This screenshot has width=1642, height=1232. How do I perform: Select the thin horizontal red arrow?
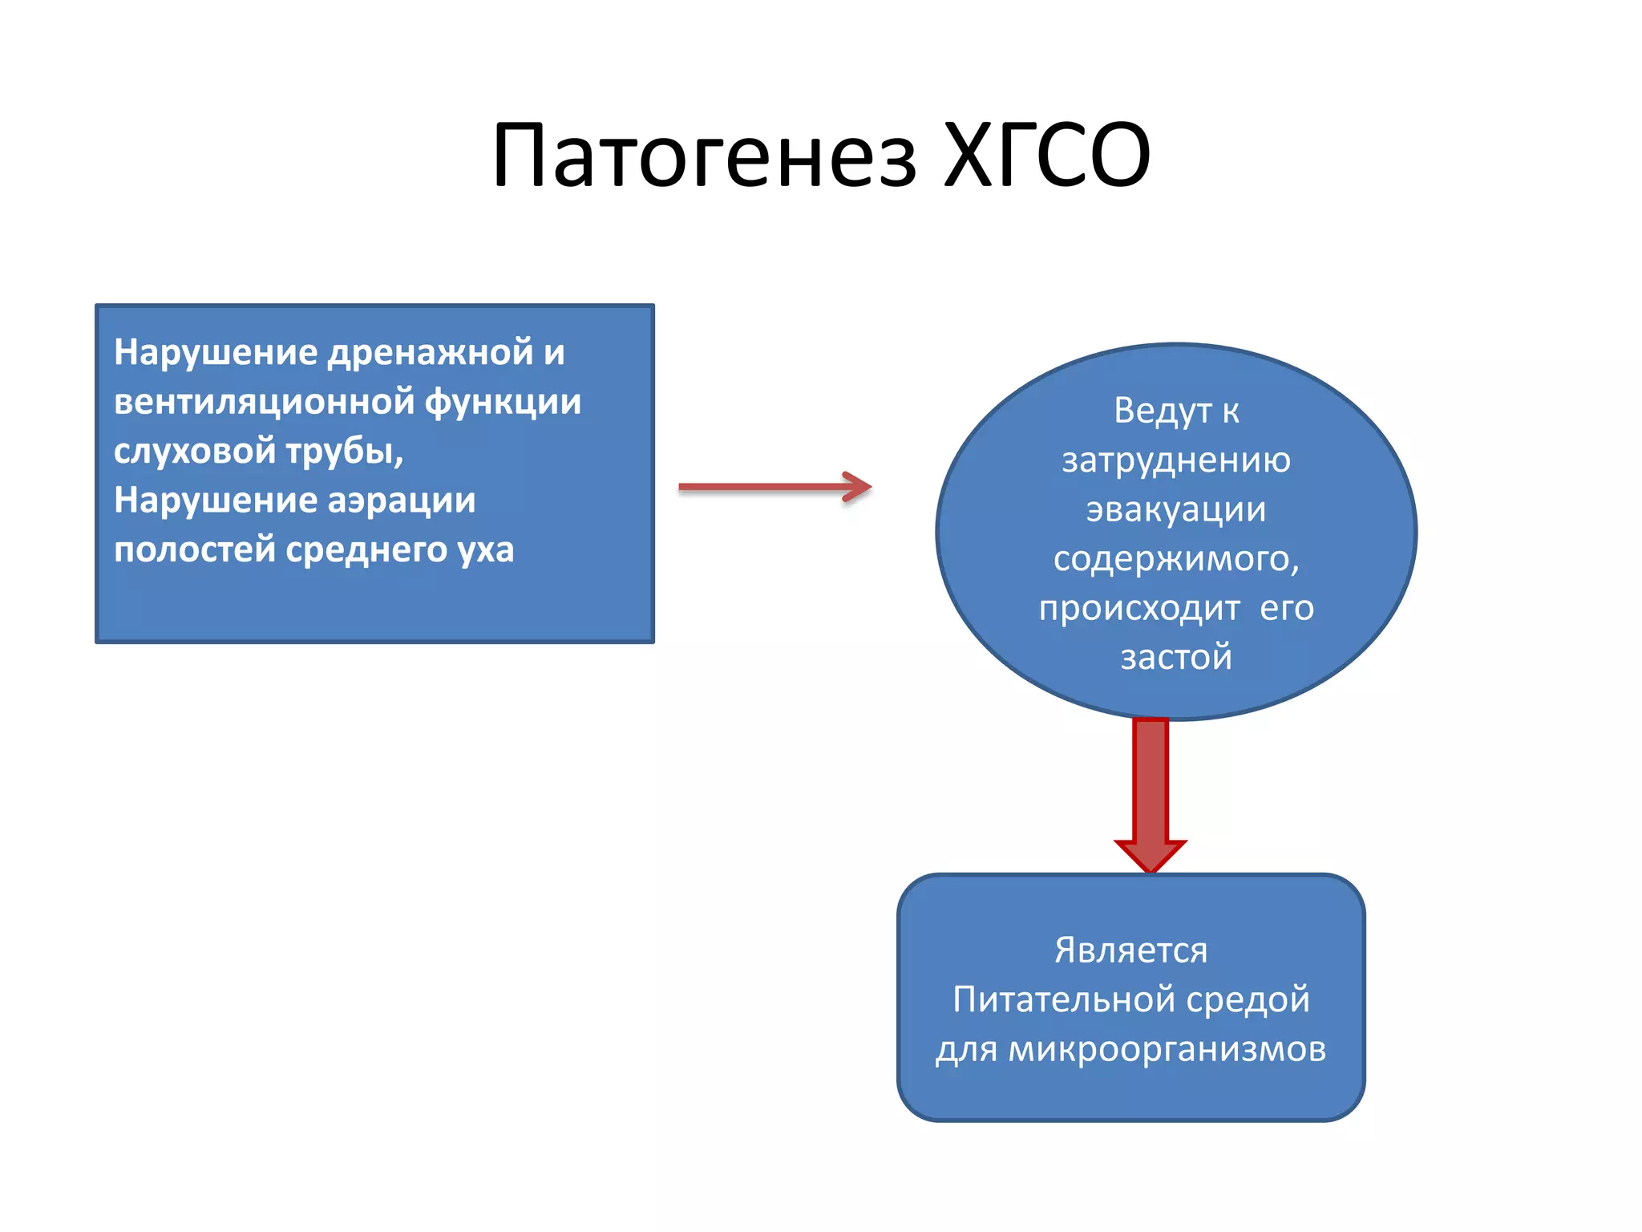coord(774,487)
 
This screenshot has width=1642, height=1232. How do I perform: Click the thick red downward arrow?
coord(1151,794)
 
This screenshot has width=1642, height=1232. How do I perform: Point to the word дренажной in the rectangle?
coord(431,352)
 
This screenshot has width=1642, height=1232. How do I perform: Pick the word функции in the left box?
coord(502,402)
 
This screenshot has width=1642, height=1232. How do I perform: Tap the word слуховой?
coord(194,452)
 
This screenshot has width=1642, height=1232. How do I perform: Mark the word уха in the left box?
coord(486,550)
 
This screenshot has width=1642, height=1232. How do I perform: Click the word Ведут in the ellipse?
coord(1162,411)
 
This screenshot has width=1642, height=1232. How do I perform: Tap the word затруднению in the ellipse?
coord(1176,460)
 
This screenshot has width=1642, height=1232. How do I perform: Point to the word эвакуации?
coord(1176,510)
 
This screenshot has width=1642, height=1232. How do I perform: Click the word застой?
coord(1176,657)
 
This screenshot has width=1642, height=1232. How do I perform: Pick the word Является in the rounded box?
coord(1130,950)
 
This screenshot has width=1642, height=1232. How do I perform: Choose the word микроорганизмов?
coord(1167,1050)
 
